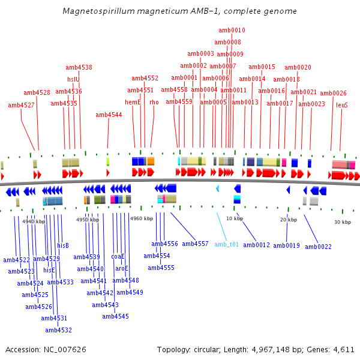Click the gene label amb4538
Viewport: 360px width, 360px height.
click(79, 68)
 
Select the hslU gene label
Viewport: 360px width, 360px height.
click(73, 79)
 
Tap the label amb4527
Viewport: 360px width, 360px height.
click(21, 105)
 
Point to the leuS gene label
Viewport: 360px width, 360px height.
click(342, 105)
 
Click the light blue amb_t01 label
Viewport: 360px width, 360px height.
click(227, 244)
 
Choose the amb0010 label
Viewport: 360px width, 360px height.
click(232, 30)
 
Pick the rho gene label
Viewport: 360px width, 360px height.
click(154, 102)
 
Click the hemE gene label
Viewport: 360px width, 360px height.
click(133, 102)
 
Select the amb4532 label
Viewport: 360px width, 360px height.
click(58, 330)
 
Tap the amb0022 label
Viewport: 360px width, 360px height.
click(318, 247)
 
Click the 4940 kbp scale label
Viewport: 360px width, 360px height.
click(34, 221)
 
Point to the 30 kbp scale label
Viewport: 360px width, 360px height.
click(342, 222)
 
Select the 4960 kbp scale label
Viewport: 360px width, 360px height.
click(142, 219)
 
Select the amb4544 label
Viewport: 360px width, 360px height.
click(109, 115)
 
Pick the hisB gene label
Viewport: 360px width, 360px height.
click(63, 245)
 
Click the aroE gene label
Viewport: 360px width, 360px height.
click(122, 269)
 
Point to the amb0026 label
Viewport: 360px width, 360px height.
click(333, 93)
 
